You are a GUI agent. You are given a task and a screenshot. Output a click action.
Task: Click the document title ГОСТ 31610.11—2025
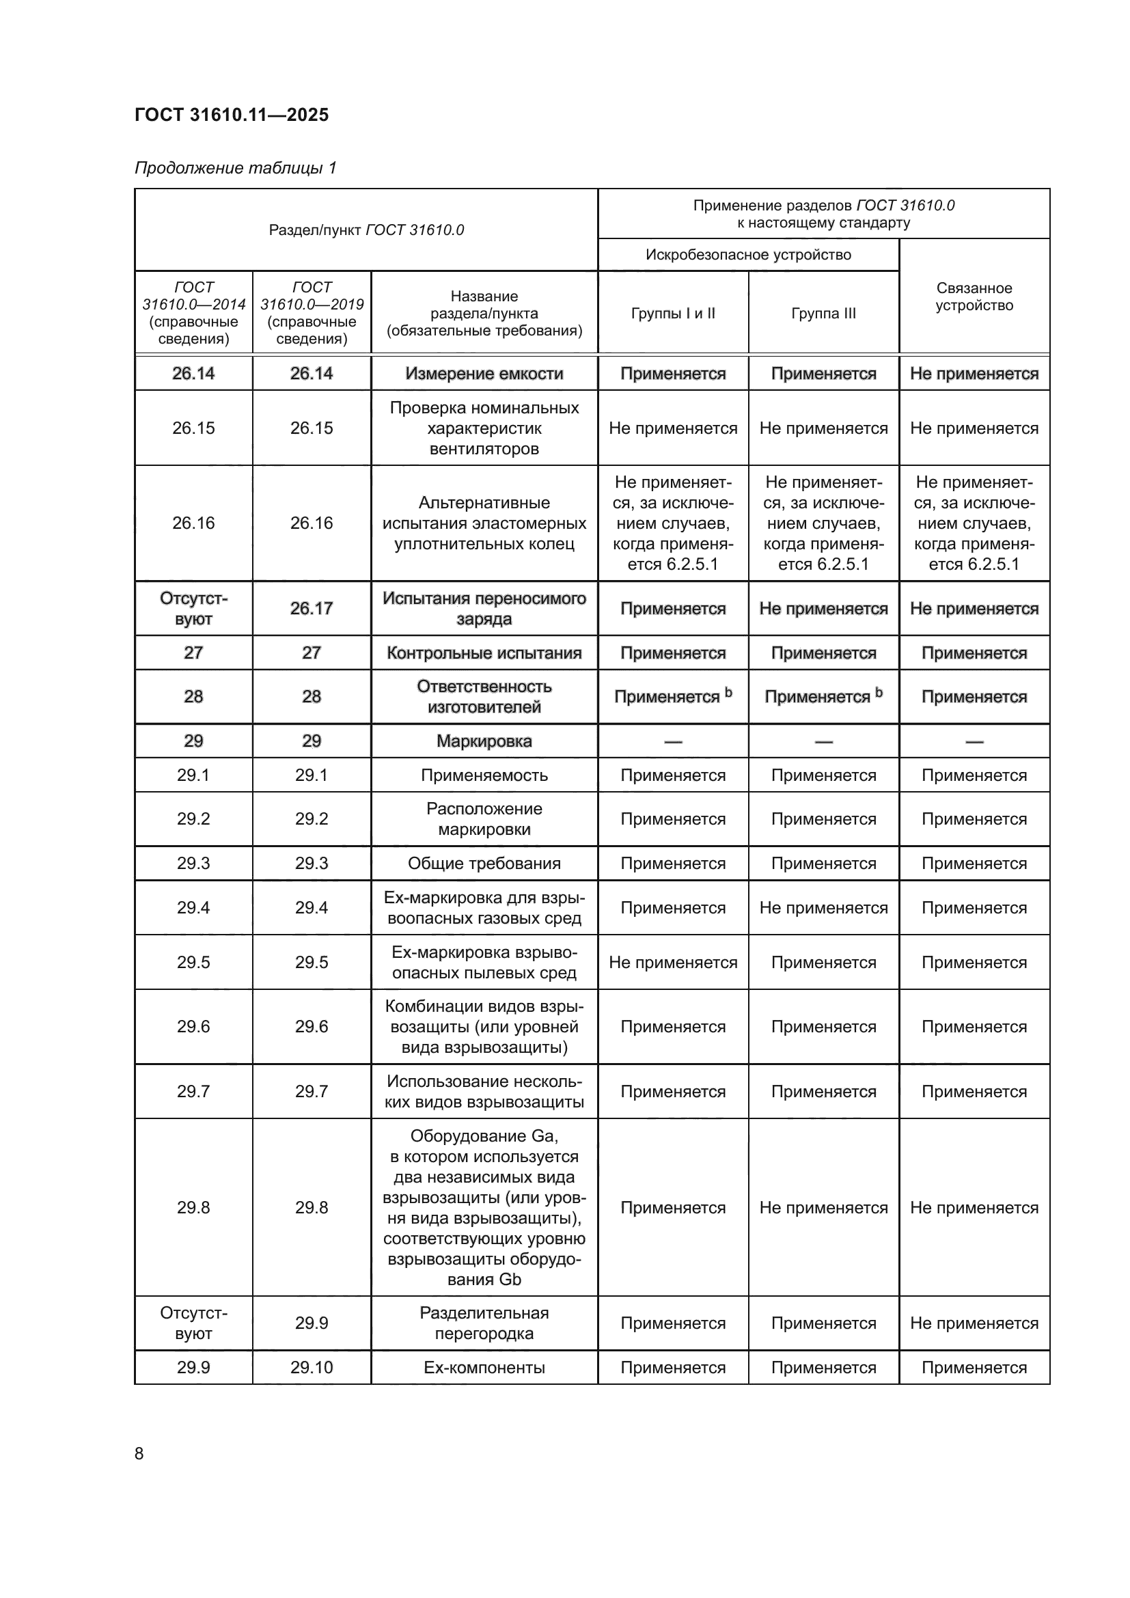(231, 115)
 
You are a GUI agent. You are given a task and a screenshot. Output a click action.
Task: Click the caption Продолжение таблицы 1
(235, 168)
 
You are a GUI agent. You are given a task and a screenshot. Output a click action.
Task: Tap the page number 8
(139, 1453)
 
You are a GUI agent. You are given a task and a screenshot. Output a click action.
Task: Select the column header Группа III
(823, 313)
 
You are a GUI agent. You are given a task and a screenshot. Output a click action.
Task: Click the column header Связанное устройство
(974, 297)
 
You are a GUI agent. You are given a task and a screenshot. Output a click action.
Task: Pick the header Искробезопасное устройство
(748, 255)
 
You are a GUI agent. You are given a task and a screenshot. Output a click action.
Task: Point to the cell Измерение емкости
(484, 374)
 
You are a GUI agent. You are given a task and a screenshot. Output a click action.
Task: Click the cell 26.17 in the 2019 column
(311, 608)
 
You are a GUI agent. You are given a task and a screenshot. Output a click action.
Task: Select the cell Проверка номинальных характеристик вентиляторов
(484, 428)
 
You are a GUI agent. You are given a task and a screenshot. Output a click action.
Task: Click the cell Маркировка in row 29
(484, 741)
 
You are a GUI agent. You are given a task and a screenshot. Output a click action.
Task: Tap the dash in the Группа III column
(823, 742)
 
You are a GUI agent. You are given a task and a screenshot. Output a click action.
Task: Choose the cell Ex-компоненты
(484, 1368)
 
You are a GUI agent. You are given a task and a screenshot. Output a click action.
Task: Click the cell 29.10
(311, 1368)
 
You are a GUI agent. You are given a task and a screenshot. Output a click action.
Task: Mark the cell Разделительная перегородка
(484, 1323)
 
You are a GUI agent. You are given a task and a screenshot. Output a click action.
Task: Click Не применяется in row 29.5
(673, 963)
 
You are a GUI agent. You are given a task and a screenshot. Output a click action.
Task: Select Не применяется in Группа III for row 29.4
(823, 907)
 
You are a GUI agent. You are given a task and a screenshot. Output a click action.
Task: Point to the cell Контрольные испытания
(484, 653)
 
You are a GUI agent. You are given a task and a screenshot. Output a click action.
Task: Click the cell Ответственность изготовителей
(484, 697)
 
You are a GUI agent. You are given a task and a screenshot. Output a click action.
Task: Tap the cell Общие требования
(484, 864)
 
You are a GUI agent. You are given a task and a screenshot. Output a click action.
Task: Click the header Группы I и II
(673, 313)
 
